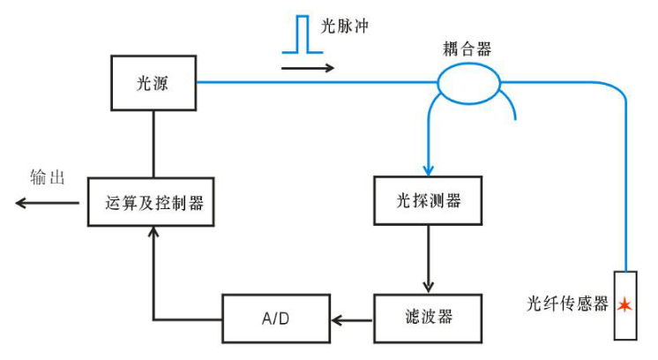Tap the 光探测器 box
click(x=429, y=201)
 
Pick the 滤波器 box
click(x=429, y=318)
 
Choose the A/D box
click(x=275, y=319)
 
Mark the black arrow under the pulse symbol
click(x=308, y=66)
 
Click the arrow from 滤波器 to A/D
click(x=352, y=319)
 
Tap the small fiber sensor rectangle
click(x=625, y=304)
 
